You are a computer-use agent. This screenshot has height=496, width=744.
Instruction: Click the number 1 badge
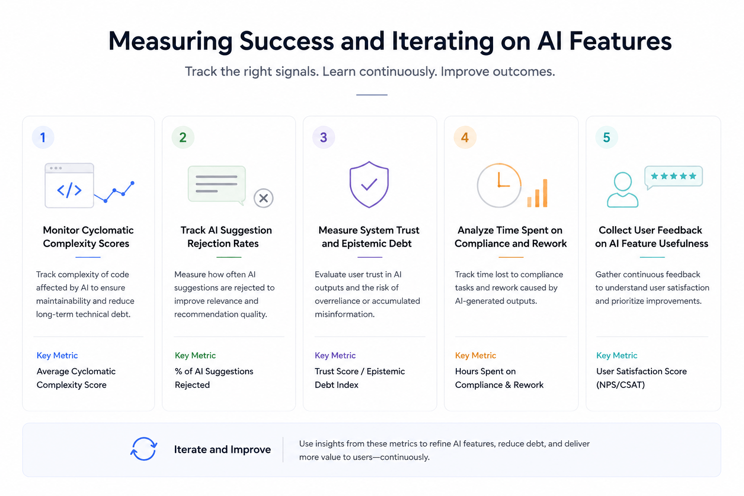click(x=43, y=138)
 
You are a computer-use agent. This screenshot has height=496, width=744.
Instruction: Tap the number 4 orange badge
click(x=465, y=138)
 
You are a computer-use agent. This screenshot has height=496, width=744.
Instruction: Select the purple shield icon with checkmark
click(x=369, y=185)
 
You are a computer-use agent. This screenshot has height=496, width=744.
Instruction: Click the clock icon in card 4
click(x=499, y=185)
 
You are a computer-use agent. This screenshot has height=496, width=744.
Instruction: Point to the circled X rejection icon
click(x=263, y=198)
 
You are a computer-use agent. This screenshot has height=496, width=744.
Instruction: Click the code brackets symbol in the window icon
click(x=69, y=190)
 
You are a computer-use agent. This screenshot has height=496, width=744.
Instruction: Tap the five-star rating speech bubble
click(x=673, y=177)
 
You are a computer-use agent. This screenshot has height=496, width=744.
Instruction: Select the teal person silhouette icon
click(x=622, y=190)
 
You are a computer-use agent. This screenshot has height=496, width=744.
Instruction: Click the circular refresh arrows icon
click(x=144, y=449)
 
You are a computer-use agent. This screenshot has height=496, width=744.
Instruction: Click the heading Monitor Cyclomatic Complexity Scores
click(x=88, y=237)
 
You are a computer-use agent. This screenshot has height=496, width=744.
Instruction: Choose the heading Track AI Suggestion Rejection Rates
click(x=226, y=237)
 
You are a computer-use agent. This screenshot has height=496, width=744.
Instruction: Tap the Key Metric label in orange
click(x=475, y=356)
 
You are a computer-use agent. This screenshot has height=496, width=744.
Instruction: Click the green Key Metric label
click(x=195, y=356)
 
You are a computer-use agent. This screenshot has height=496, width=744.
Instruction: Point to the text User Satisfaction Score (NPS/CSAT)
click(x=641, y=378)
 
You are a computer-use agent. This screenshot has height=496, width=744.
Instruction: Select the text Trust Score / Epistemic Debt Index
click(x=359, y=378)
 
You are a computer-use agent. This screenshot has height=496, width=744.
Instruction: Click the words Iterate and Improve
click(x=222, y=449)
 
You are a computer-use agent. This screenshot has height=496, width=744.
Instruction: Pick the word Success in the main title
click(x=287, y=41)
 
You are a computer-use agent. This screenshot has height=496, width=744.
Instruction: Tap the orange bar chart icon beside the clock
click(x=538, y=193)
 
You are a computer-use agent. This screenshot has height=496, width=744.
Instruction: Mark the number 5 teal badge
click(x=606, y=138)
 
